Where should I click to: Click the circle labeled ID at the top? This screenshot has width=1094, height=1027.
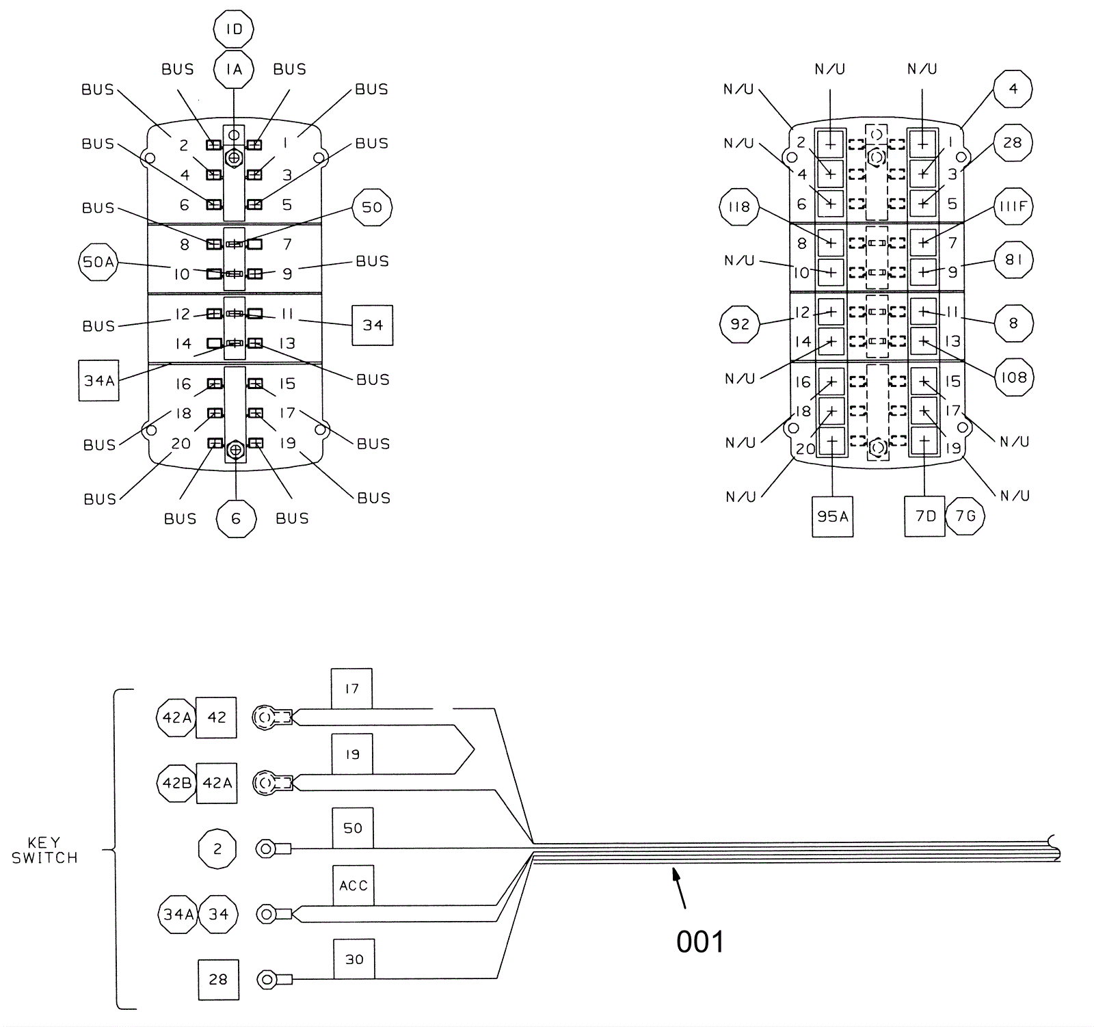(x=234, y=29)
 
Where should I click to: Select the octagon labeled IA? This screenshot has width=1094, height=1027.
(x=234, y=69)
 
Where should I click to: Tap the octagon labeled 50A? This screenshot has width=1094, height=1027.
(x=98, y=262)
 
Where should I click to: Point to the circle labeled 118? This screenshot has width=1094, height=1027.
(x=739, y=206)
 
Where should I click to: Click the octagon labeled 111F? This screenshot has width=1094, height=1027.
(x=1013, y=206)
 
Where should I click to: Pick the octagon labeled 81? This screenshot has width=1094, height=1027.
(x=1013, y=260)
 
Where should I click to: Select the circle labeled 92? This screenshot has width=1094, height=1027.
(x=740, y=323)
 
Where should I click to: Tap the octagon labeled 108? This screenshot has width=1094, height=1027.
(x=1013, y=377)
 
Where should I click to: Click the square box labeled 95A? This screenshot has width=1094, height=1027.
(x=832, y=516)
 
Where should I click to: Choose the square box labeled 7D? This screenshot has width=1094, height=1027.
(x=924, y=516)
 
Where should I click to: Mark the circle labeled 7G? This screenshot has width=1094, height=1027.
(x=965, y=516)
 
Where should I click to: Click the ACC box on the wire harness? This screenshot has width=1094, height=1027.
(x=353, y=885)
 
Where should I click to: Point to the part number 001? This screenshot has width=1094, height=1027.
(x=699, y=942)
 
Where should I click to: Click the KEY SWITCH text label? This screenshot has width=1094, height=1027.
(x=44, y=850)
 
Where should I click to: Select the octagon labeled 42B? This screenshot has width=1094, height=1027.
(x=176, y=783)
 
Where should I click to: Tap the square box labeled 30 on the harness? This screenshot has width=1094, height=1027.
(x=353, y=959)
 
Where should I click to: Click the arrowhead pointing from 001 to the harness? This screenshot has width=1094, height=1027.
(x=676, y=873)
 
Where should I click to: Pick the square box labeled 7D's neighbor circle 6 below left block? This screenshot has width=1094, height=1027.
(x=236, y=519)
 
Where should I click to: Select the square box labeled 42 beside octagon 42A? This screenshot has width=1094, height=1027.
(x=216, y=717)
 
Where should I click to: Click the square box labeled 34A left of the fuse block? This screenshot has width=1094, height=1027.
(x=99, y=380)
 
